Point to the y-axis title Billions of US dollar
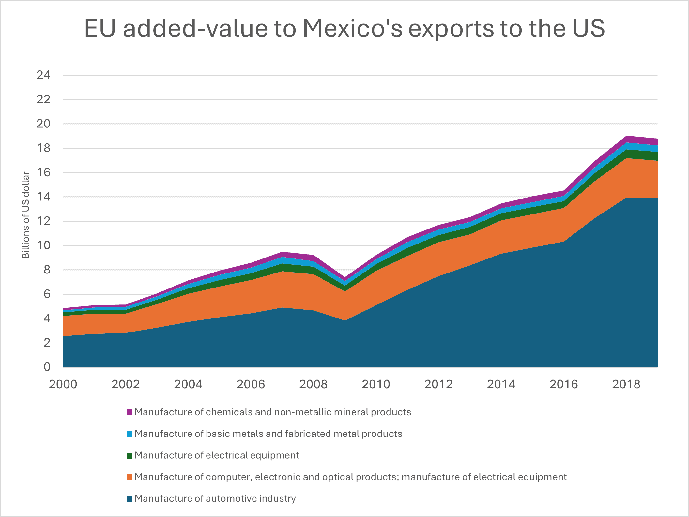(25, 215)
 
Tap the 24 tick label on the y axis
(43, 75)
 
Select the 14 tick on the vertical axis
(43, 197)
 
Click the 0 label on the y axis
(47, 367)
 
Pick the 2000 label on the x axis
(63, 384)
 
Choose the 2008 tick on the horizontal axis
(313, 384)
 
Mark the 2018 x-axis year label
(626, 384)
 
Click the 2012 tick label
(438, 384)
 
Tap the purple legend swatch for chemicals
(130, 412)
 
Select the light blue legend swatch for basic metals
(130, 434)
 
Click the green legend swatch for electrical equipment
(130, 456)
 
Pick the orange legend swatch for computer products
(130, 477)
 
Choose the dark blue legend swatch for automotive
(130, 499)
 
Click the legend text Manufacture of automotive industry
(215, 499)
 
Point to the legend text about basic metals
(268, 434)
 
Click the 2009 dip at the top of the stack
(345, 278)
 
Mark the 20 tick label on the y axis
(43, 124)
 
